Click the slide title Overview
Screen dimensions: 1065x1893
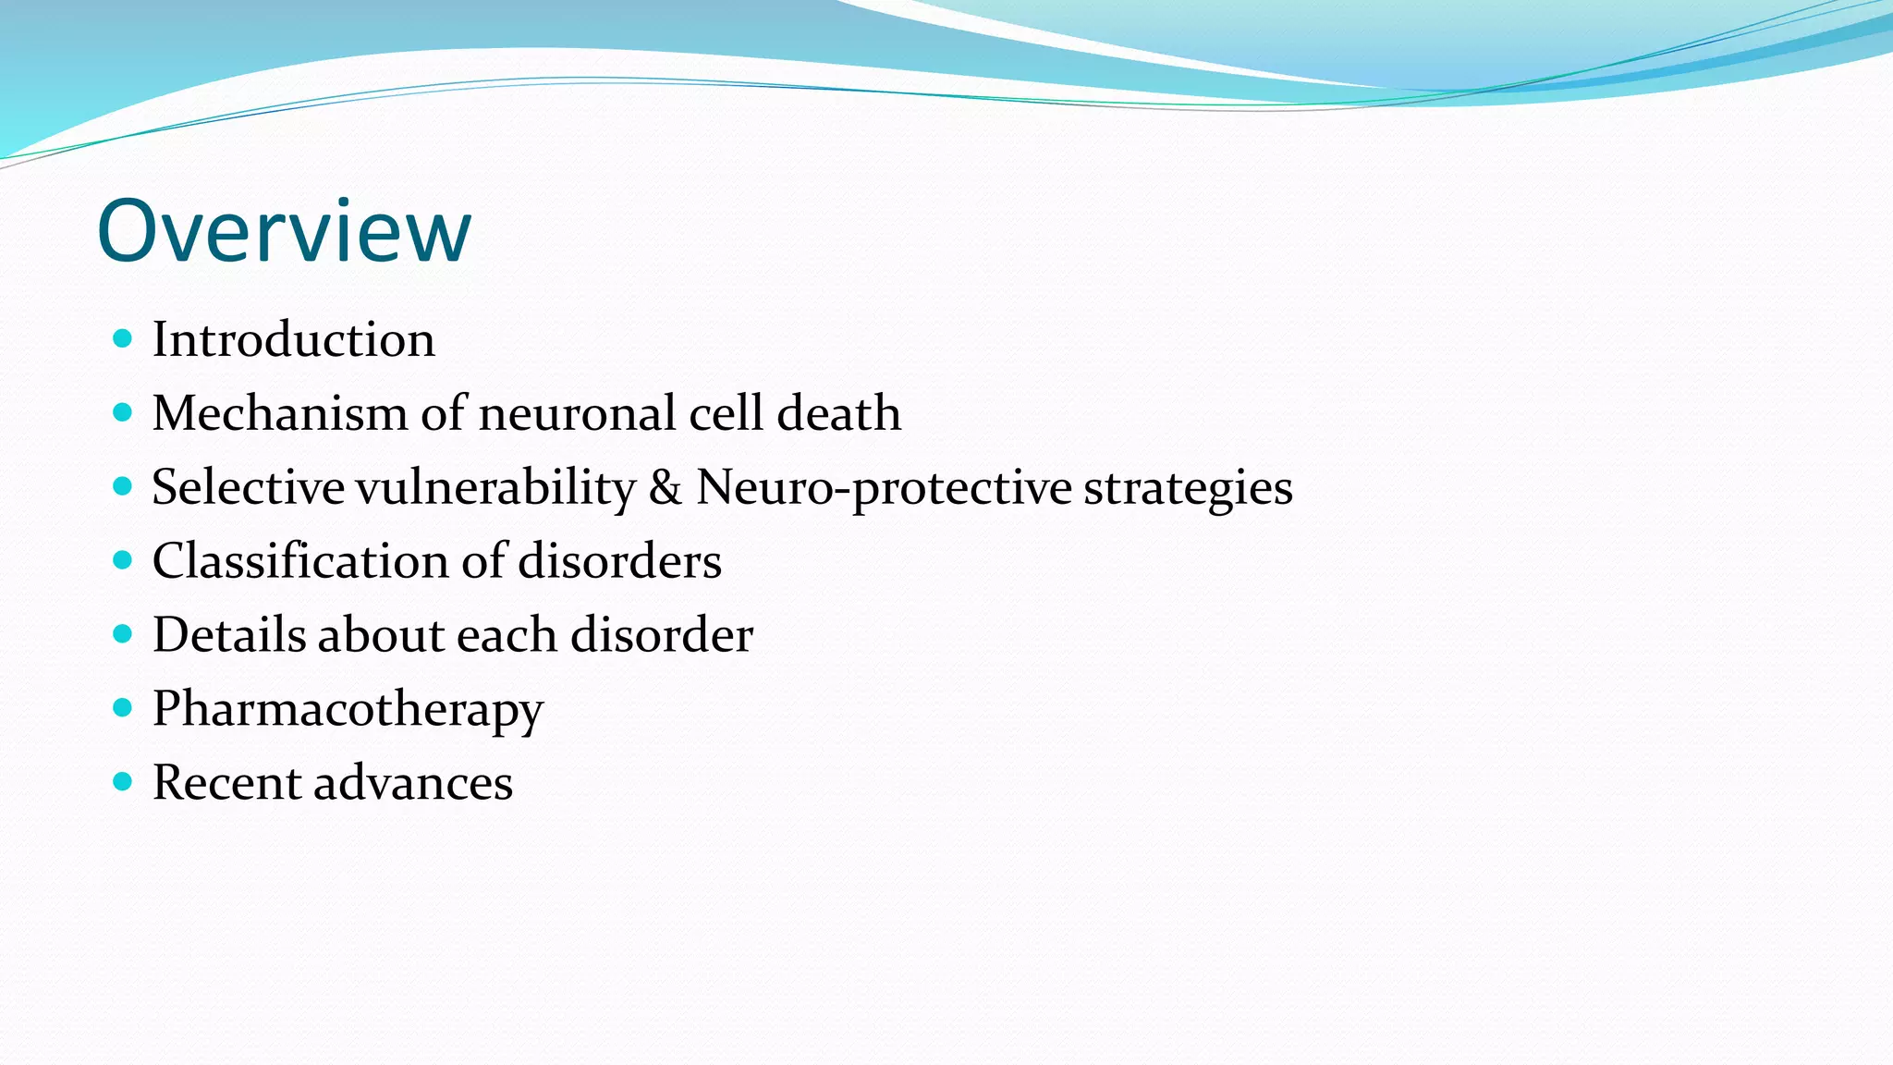284,230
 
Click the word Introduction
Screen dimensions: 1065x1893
293,339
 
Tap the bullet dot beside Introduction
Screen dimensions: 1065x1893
122,338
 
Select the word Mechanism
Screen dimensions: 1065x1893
280,413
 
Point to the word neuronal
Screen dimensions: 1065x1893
577,413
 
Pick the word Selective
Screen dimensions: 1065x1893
248,487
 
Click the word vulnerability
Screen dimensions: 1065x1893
496,487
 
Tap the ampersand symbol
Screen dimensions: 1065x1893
666,487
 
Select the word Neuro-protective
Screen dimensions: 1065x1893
883,487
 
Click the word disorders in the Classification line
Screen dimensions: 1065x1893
619,561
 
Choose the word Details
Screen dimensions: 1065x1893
228,635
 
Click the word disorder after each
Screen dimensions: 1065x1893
661,635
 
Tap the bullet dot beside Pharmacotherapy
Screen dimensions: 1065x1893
122,708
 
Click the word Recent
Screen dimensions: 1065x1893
226,783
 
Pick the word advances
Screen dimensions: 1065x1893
413,783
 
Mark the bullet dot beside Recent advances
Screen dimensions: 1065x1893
122,782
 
